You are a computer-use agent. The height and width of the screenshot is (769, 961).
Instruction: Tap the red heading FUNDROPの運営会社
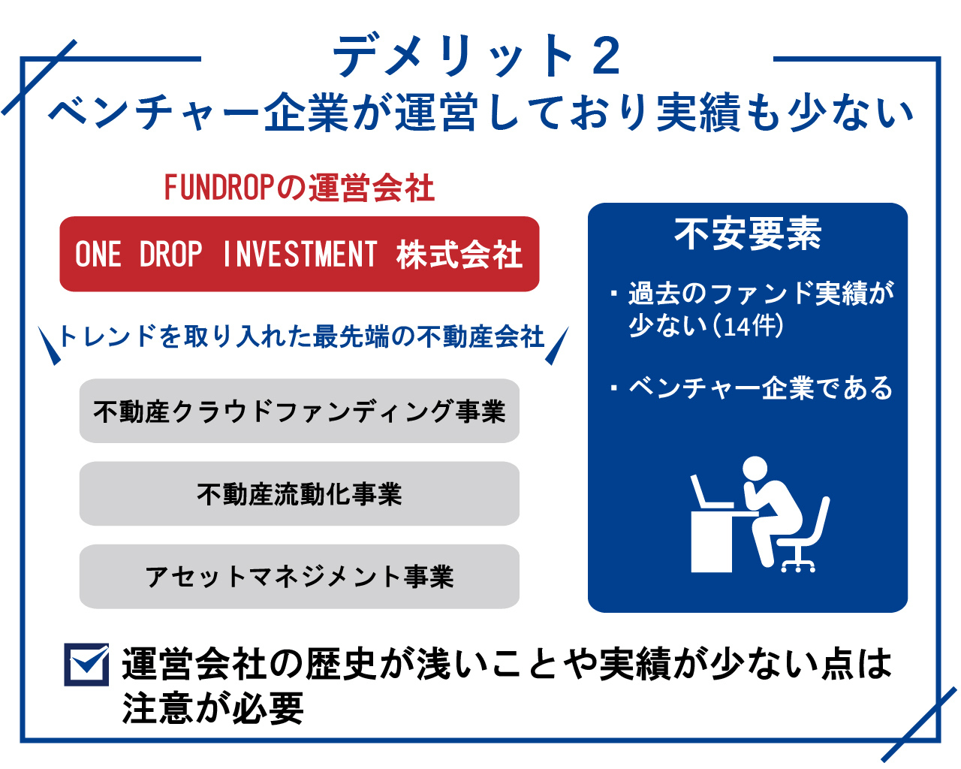[x=300, y=188]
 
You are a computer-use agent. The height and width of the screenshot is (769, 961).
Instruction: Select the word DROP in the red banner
[x=171, y=254]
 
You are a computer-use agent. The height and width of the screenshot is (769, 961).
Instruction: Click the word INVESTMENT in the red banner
[x=300, y=254]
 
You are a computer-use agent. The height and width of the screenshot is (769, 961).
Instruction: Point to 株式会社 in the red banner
[x=459, y=255]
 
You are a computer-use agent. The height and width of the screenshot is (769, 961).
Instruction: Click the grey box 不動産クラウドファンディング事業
[x=300, y=411]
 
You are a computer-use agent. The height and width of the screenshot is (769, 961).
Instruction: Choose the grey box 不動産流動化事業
[x=300, y=493]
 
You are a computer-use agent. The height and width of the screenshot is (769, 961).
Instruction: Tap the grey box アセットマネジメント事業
[x=300, y=577]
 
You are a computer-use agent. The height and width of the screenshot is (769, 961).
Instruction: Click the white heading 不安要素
[x=748, y=234]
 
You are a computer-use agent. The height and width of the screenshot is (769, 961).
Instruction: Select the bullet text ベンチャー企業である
[x=761, y=387]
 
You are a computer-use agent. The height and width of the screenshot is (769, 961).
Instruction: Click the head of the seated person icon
[x=755, y=469]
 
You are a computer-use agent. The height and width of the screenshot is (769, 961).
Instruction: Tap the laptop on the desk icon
[x=710, y=492]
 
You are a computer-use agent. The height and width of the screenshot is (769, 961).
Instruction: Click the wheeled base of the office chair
[x=798, y=565]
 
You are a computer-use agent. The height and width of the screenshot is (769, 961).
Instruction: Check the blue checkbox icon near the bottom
[x=86, y=665]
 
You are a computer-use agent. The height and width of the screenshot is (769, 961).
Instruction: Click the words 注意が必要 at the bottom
[x=213, y=708]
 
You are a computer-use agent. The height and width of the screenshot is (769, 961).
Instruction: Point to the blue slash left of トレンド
[x=49, y=346]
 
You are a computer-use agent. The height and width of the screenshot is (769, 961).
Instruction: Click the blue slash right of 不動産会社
[x=557, y=346]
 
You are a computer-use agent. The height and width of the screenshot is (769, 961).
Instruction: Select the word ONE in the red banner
[x=98, y=254]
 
